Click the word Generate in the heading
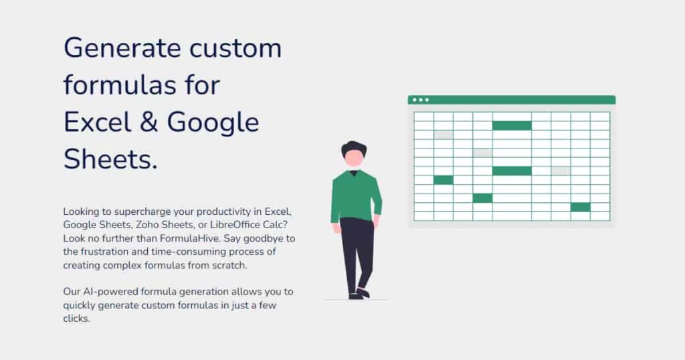(122, 48)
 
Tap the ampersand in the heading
(149, 122)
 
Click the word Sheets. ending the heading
(110, 159)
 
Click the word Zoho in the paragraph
(146, 225)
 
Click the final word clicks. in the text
(76, 319)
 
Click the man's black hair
(353, 148)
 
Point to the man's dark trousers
(357, 254)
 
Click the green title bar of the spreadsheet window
(512, 100)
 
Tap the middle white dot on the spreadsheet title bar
(421, 100)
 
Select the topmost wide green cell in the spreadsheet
(512, 126)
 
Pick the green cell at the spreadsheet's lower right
(580, 207)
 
